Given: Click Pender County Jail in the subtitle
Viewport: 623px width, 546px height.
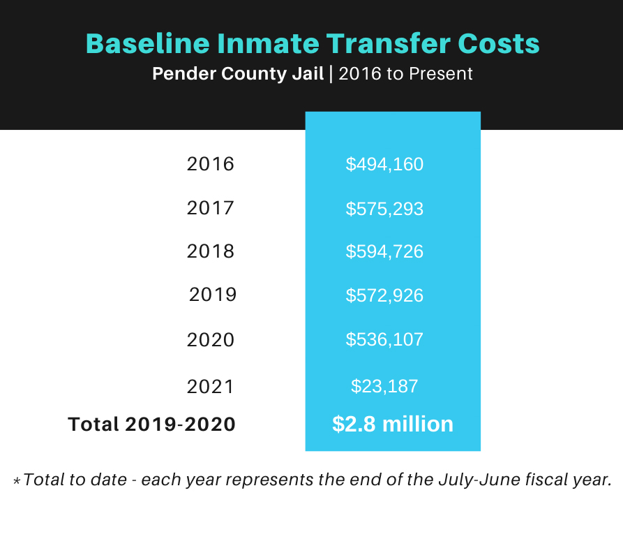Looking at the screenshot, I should click(238, 74).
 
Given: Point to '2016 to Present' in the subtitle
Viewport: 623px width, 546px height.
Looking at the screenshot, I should click(406, 74).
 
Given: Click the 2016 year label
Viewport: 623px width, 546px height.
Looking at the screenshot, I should click(211, 164).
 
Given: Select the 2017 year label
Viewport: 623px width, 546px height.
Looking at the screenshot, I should click(211, 208).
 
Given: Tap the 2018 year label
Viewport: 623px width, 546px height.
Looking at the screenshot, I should click(211, 251).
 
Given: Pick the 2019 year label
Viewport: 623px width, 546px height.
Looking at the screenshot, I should click(213, 295).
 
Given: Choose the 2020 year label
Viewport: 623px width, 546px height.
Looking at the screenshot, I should click(211, 340).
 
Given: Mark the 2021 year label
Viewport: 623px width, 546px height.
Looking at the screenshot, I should click(211, 386).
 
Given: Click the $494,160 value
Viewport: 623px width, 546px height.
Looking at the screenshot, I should click(384, 165).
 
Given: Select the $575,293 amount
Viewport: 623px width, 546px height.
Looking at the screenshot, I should click(384, 209).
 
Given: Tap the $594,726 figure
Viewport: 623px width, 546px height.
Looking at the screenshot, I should click(384, 251).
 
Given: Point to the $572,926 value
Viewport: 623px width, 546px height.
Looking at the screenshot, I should click(384, 295).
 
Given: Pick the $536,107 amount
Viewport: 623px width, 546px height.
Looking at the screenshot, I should click(384, 340).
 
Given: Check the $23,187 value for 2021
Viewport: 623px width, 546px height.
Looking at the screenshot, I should click(384, 386).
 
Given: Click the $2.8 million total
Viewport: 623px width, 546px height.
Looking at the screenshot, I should click(393, 424).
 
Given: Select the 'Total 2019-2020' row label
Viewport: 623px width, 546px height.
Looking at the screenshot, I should click(151, 424).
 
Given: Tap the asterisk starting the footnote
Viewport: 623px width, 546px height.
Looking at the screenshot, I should click(17, 481).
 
